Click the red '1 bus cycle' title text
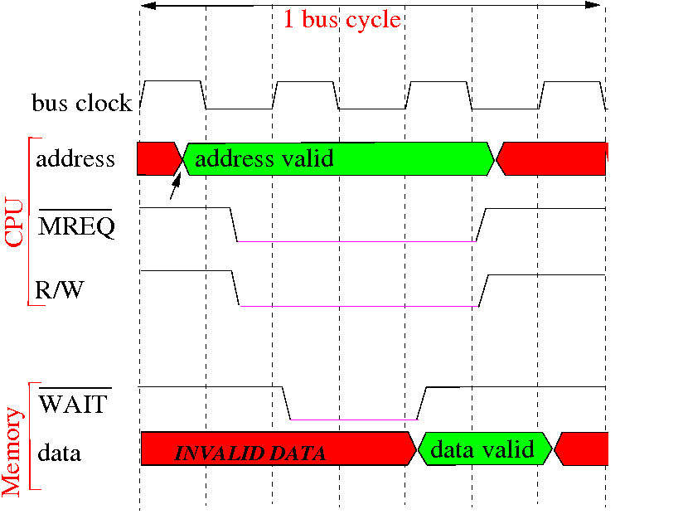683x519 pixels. tap(342, 20)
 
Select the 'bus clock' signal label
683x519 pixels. tap(82, 103)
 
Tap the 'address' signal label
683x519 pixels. tap(75, 158)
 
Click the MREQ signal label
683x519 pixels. tap(76, 226)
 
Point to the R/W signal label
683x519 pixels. tap(59, 289)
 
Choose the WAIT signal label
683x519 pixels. tap(73, 403)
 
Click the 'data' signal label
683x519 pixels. tap(59, 453)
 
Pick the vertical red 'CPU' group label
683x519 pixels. tap(13, 222)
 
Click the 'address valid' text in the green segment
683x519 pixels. tap(264, 158)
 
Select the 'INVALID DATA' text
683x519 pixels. tap(250, 454)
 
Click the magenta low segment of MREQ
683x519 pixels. tap(356, 241)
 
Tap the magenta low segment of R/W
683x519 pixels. tap(360, 307)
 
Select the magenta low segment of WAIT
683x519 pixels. tap(354, 420)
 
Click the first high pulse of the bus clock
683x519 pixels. tap(173, 81)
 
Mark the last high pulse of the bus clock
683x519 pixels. tap(573, 82)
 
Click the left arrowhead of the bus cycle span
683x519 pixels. tap(148, 6)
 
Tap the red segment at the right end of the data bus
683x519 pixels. tap(581, 449)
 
